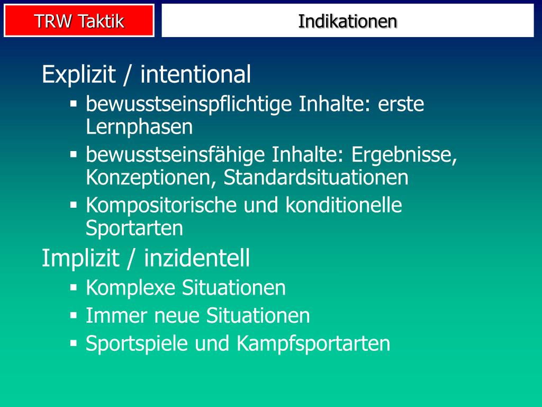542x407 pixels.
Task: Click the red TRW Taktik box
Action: coord(79,21)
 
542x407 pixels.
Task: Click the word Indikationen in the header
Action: coord(347,21)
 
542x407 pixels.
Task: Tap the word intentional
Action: coord(195,75)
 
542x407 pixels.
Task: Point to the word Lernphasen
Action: coord(139,127)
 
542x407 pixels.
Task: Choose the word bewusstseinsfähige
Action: coord(175,155)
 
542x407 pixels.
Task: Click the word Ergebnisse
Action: coord(403,155)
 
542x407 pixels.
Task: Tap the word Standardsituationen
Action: coord(316,178)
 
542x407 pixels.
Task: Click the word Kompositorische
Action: coord(161,206)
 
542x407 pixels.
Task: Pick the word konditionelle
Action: coord(344,206)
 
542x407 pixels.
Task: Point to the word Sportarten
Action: coord(134,228)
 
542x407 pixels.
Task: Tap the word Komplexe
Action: coord(130,288)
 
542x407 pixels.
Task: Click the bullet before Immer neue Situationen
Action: coord(74,315)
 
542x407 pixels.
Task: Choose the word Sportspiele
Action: coord(137,344)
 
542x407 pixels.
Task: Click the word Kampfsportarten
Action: coord(313,344)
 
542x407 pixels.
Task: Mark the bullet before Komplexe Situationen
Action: coord(74,287)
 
